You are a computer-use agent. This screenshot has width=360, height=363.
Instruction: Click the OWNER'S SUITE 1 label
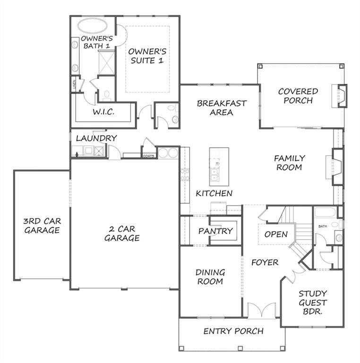(x=148, y=56)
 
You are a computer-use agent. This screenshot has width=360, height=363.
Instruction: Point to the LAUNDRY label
(x=96, y=138)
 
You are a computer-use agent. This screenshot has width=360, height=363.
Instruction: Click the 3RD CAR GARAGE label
(x=42, y=225)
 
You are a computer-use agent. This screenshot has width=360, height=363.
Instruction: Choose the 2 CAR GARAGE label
(x=121, y=233)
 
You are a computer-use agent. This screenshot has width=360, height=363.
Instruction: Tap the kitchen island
(x=219, y=166)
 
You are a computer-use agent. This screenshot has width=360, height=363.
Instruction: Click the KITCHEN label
(x=214, y=193)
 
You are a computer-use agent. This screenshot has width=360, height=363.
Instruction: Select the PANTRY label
(x=215, y=231)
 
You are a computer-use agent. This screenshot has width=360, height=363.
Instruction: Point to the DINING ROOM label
(x=210, y=277)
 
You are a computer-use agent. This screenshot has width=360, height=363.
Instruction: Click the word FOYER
(x=265, y=262)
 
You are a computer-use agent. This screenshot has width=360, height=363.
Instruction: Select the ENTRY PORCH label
(x=233, y=331)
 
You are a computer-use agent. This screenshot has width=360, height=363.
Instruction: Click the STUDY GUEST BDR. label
(x=313, y=302)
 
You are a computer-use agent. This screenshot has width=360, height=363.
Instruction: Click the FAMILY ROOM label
(x=290, y=163)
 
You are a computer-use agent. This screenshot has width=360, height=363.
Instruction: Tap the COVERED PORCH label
(x=298, y=95)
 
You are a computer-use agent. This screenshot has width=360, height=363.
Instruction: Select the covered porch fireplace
(x=341, y=96)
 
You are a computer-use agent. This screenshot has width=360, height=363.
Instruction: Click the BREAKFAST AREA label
(x=222, y=108)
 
